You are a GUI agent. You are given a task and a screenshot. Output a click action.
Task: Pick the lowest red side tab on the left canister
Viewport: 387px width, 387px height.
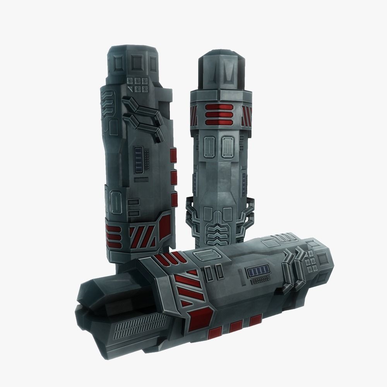click(174, 199)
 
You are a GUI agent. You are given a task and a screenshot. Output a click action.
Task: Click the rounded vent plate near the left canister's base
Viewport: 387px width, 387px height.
click(116, 201)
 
